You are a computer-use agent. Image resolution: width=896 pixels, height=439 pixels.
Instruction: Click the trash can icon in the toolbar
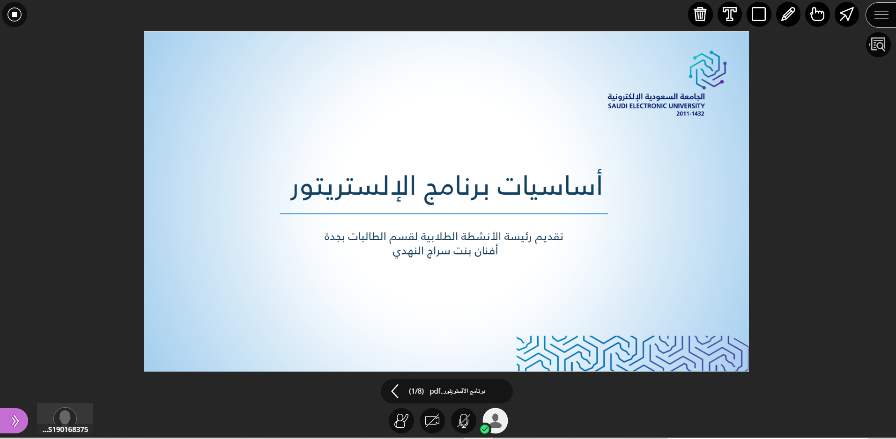click(x=700, y=14)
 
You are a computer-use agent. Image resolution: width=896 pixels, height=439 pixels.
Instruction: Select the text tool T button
click(x=730, y=14)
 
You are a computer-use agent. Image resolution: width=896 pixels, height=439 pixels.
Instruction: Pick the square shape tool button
click(x=759, y=14)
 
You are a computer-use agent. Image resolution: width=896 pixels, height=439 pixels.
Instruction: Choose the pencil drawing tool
click(x=788, y=14)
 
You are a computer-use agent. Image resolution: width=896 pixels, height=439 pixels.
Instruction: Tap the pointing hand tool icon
click(x=817, y=14)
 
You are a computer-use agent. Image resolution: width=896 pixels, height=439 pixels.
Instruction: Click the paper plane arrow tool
click(x=847, y=14)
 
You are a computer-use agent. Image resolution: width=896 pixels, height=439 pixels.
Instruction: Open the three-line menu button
click(x=881, y=15)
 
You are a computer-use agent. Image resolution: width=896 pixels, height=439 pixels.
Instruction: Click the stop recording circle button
click(x=15, y=15)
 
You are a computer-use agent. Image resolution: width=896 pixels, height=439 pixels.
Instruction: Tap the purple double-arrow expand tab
click(x=14, y=421)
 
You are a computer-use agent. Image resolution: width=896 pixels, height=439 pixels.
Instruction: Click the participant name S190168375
click(x=65, y=429)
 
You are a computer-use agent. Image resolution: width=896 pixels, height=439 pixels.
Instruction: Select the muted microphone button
click(x=464, y=421)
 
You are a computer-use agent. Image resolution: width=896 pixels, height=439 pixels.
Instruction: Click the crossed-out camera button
click(x=432, y=421)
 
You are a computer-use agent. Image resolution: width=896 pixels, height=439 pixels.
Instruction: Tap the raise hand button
click(x=401, y=421)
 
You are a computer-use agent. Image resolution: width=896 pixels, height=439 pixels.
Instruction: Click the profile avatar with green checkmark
click(x=495, y=421)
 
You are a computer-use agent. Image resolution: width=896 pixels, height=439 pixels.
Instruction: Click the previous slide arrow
click(x=395, y=391)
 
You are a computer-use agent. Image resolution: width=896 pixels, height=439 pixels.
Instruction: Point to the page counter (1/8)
click(x=416, y=391)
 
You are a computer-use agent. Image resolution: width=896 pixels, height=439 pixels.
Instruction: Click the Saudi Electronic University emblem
click(x=708, y=70)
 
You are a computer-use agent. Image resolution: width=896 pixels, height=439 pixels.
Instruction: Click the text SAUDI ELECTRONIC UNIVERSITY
click(x=656, y=106)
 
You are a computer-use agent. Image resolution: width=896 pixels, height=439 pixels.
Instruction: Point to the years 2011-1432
click(x=690, y=114)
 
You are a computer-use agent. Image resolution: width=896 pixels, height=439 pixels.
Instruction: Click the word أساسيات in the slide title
click(x=550, y=184)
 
